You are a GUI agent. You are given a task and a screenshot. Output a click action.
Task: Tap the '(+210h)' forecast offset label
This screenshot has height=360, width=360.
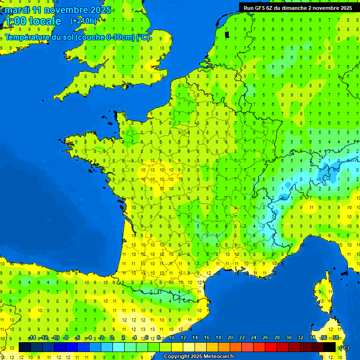point(83,21)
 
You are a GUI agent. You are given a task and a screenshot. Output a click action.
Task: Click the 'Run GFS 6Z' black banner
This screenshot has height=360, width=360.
point(298,7)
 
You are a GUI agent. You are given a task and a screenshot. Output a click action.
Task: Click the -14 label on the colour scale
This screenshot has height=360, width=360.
point(32,338)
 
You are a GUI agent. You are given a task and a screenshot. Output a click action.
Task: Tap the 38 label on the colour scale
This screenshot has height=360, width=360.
point(336,338)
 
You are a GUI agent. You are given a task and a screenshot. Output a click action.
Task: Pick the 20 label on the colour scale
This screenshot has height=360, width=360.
point(230,338)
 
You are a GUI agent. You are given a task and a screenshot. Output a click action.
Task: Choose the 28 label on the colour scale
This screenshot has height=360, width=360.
point(277,338)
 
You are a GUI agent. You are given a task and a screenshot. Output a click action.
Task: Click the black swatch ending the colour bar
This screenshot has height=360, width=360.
point(330,347)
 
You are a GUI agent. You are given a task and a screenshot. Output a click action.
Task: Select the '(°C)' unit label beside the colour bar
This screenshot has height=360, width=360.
point(344,347)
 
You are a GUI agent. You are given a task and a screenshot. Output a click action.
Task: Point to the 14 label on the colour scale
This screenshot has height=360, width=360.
point(195,338)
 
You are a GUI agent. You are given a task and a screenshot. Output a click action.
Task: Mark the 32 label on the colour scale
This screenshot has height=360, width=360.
point(300,338)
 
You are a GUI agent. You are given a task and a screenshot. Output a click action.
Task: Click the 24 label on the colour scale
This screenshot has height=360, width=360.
point(254,338)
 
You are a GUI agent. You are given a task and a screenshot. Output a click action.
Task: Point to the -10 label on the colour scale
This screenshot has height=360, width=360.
point(55,338)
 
